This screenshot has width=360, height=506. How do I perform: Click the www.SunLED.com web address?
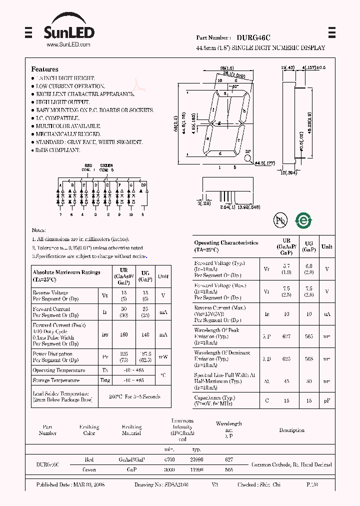point(68,45)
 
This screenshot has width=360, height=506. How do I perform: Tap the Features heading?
point(44,69)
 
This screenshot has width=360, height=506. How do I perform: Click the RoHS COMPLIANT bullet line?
point(57,150)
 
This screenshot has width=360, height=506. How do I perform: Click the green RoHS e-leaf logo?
point(303,220)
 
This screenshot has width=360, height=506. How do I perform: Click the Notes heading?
point(38,230)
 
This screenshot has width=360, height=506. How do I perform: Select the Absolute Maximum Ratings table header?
point(66,275)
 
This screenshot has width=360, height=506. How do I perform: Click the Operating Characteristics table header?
point(226,245)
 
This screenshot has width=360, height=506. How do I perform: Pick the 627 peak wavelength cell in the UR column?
point(286,337)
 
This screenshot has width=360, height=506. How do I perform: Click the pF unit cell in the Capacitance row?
point(326,400)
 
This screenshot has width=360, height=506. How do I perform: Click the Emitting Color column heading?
point(89,430)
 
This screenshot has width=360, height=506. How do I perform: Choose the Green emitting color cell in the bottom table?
point(89,470)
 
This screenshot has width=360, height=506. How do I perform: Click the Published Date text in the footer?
point(70,485)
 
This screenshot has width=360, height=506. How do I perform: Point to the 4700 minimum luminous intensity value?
point(169,459)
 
